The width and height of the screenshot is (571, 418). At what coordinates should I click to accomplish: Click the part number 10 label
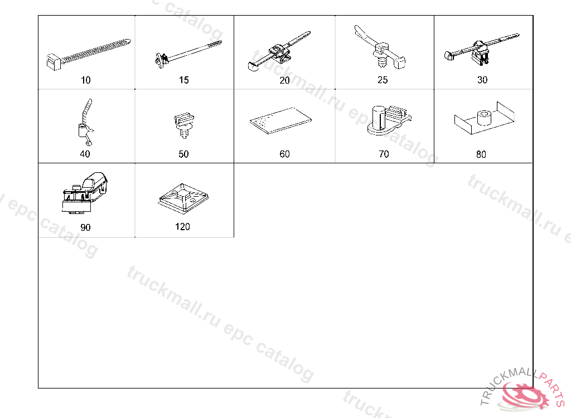(85, 80)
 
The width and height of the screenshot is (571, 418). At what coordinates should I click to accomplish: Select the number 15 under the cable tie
(184, 80)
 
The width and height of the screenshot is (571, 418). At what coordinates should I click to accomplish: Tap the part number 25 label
(383, 80)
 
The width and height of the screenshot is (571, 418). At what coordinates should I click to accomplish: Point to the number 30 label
(482, 80)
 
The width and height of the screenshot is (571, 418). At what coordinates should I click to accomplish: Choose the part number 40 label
(85, 154)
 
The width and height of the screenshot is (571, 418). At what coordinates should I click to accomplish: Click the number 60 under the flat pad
(284, 154)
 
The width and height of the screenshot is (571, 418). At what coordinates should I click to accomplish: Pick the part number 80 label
(481, 154)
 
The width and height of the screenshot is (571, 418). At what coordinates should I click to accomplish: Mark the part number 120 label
(182, 227)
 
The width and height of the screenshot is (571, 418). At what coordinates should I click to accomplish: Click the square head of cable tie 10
(55, 62)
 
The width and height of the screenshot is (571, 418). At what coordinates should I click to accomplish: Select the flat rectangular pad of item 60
(280, 120)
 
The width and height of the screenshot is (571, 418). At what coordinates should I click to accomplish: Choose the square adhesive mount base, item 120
(183, 197)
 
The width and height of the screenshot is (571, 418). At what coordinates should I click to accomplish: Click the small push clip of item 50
(184, 125)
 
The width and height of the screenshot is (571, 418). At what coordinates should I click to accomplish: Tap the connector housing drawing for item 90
(85, 193)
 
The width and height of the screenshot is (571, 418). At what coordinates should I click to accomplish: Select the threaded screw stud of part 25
(381, 61)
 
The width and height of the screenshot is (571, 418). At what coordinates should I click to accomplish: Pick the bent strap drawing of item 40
(86, 122)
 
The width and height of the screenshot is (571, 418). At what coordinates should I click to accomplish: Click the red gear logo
(523, 395)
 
